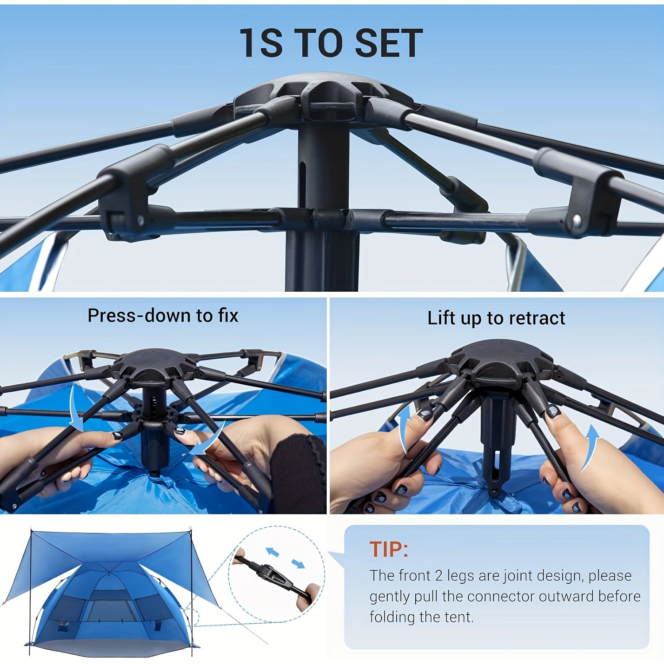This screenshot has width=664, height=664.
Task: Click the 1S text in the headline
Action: (261, 43)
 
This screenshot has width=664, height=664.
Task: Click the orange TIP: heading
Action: (389, 549)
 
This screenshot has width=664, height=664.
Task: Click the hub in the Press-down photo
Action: (153, 365)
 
